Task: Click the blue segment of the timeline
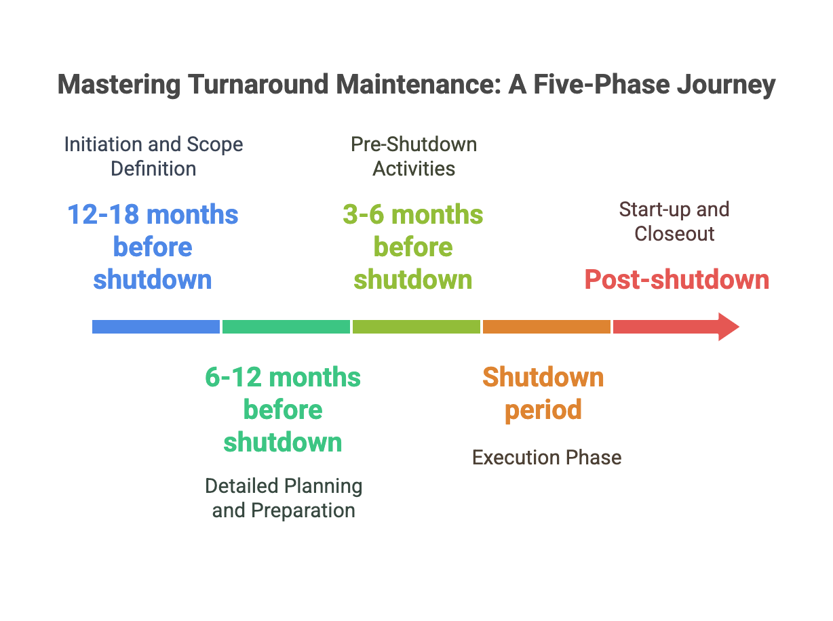156,327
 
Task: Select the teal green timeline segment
286,327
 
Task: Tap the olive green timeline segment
416,327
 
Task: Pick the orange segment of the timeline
546,327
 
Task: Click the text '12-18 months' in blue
153,215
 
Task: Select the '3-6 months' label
413,215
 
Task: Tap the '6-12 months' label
283,377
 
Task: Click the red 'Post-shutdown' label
677,280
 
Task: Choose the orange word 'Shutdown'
543,377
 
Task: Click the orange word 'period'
543,409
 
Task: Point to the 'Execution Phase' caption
547,458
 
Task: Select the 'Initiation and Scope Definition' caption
153,156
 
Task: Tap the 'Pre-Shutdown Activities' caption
414,156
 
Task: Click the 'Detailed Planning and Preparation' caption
284,498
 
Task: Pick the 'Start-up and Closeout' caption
674,221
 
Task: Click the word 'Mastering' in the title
119,85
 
